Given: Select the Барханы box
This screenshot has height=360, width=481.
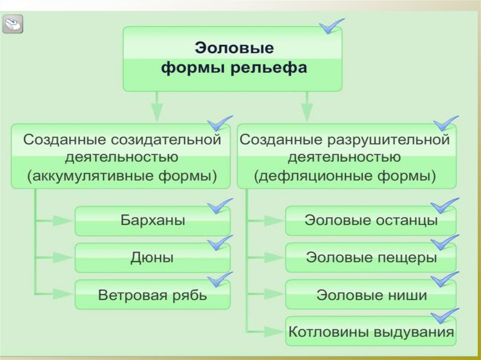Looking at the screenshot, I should click(153, 221).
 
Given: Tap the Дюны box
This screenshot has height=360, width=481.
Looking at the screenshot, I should click(153, 258).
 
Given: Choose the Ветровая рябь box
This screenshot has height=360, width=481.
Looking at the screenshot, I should click(153, 295).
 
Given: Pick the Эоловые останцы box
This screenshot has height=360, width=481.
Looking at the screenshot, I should click(371, 221).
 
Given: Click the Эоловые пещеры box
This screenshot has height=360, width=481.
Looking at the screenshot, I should click(371, 258).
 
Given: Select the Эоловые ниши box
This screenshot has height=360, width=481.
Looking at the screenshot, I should click(371, 295).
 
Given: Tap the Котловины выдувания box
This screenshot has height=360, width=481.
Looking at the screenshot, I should click(371, 332).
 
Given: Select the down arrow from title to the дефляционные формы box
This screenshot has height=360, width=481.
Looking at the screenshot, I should click(307, 108).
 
